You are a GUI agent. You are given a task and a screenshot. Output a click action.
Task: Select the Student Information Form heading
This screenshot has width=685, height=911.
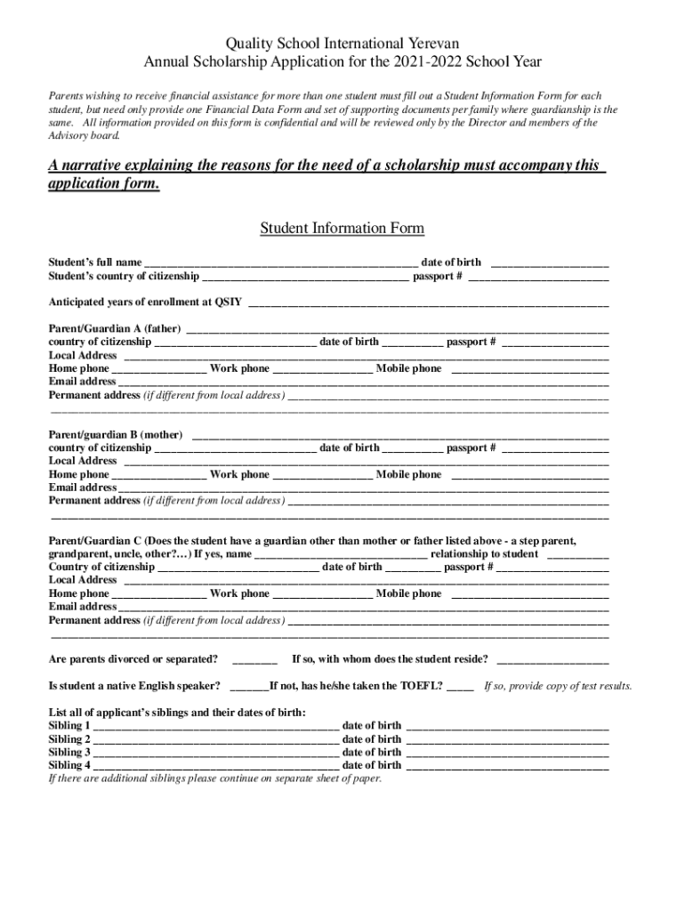(x=342, y=229)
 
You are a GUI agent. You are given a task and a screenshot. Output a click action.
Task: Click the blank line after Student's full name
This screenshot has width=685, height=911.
(x=280, y=263)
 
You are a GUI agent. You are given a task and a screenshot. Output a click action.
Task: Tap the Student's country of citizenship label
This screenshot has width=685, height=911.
(x=123, y=277)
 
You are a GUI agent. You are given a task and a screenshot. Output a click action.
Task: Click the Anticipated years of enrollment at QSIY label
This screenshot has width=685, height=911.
(x=145, y=302)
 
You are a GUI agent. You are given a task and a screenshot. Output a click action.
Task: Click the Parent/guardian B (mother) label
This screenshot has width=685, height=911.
(x=116, y=435)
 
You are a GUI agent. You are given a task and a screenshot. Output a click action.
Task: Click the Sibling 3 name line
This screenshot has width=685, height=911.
(x=215, y=753)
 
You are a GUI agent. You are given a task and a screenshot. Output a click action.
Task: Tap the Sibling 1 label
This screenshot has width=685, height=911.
(x=69, y=726)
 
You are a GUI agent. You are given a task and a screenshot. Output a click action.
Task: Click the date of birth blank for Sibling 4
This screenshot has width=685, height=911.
(x=507, y=766)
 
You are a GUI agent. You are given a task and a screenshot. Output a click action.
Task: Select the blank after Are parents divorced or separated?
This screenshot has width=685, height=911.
(x=254, y=660)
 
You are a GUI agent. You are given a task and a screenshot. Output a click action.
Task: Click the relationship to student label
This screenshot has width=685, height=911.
(x=484, y=554)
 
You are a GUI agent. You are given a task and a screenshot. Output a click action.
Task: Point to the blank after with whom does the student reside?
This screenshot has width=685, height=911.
(x=552, y=660)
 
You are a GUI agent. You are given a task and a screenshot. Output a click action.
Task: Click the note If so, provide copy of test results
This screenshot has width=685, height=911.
(x=558, y=687)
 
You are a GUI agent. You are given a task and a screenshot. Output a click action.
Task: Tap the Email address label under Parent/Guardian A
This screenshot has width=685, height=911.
(x=82, y=382)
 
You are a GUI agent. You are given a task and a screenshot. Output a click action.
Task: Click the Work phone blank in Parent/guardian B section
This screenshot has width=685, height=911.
(x=322, y=475)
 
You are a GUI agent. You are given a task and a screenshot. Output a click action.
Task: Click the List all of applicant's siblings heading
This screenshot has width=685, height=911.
(x=176, y=713)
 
